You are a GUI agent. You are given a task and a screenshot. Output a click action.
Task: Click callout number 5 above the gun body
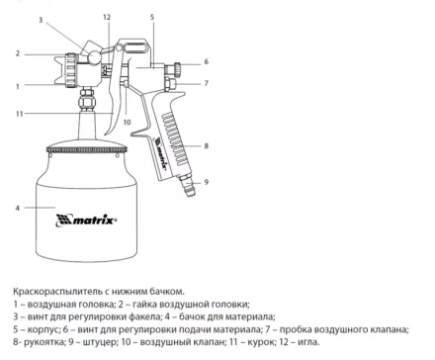tap(152, 17)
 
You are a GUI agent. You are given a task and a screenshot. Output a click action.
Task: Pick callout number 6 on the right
tap(206, 61)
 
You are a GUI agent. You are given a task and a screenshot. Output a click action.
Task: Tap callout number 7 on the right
tap(206, 83)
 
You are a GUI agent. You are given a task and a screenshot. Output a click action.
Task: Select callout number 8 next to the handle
tap(206, 145)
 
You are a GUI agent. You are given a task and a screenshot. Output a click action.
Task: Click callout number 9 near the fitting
tap(206, 182)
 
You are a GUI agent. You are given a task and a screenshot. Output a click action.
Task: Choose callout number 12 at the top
tap(107, 17)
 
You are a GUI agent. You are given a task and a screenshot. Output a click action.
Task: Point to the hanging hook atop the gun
tap(132, 46)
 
